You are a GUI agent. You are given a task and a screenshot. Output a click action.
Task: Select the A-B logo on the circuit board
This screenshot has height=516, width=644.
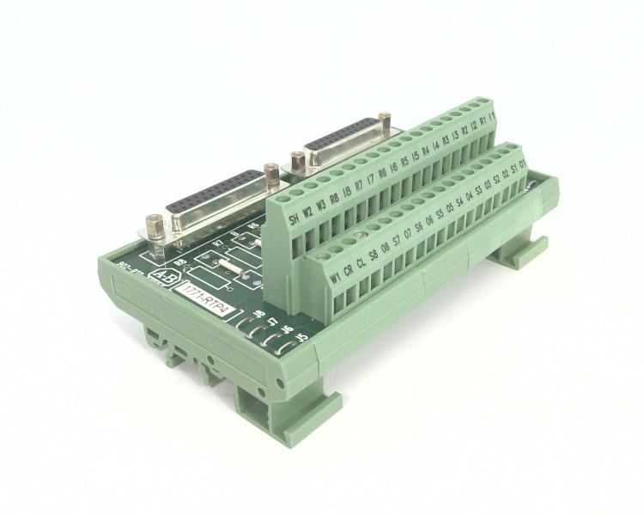pos(161,277)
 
